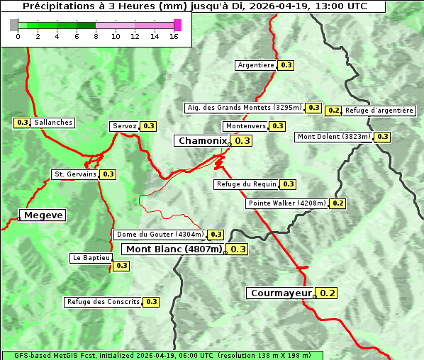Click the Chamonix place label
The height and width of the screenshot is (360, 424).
(202, 141)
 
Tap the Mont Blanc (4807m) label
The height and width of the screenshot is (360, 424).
(174, 249)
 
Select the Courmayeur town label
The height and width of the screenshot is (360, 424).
(281, 293)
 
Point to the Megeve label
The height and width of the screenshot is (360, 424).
(43, 215)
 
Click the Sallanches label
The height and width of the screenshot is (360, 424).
(52, 123)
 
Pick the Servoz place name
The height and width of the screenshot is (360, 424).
(124, 126)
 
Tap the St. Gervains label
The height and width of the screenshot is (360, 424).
(74, 174)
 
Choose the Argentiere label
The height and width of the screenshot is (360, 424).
(255, 65)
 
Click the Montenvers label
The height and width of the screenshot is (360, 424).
(245, 126)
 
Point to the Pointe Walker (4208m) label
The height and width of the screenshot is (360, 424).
(286, 203)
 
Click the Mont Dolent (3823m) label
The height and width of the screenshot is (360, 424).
(333, 137)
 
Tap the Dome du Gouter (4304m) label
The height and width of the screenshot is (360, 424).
(160, 235)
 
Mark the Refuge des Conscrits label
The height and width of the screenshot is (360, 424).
(103, 302)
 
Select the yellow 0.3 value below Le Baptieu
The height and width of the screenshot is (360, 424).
(121, 266)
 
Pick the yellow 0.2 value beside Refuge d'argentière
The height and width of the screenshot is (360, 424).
(333, 111)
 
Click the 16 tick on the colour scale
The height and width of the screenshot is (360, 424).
(173, 36)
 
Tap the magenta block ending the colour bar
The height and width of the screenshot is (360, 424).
(177, 25)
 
